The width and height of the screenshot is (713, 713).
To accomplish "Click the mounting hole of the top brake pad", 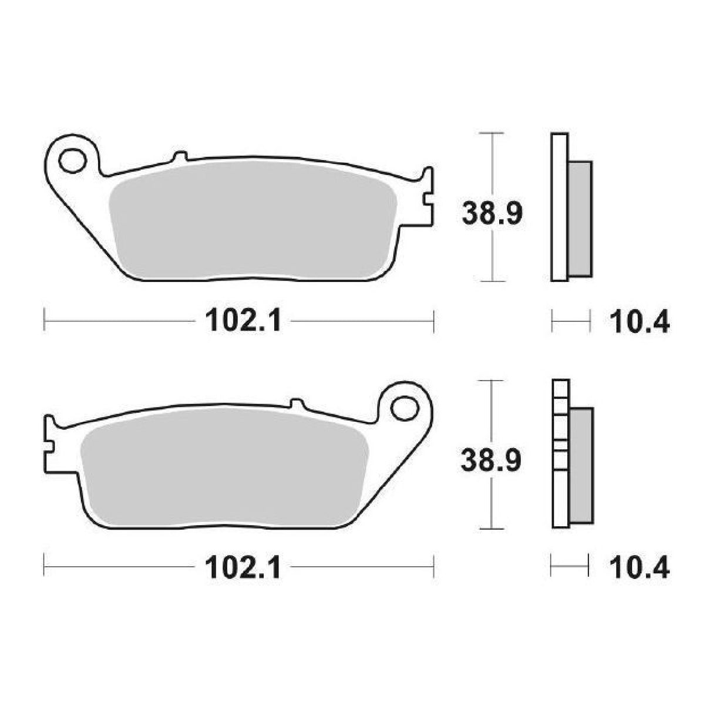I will click(x=72, y=160).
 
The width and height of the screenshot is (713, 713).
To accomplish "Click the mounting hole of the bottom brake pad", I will click(x=404, y=407).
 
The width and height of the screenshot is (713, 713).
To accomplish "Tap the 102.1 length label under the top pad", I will click(x=243, y=321).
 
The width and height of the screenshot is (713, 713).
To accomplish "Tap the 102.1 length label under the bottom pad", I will click(x=243, y=568).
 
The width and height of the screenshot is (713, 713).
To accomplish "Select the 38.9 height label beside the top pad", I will click(x=492, y=214).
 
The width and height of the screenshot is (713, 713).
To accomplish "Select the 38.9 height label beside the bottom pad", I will click(x=492, y=461).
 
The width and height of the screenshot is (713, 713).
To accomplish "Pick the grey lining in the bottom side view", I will click(x=580, y=464).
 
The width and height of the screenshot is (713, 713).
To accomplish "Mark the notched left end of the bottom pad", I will click(x=49, y=440).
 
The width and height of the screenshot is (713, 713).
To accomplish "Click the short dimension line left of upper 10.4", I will click(x=570, y=321).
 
